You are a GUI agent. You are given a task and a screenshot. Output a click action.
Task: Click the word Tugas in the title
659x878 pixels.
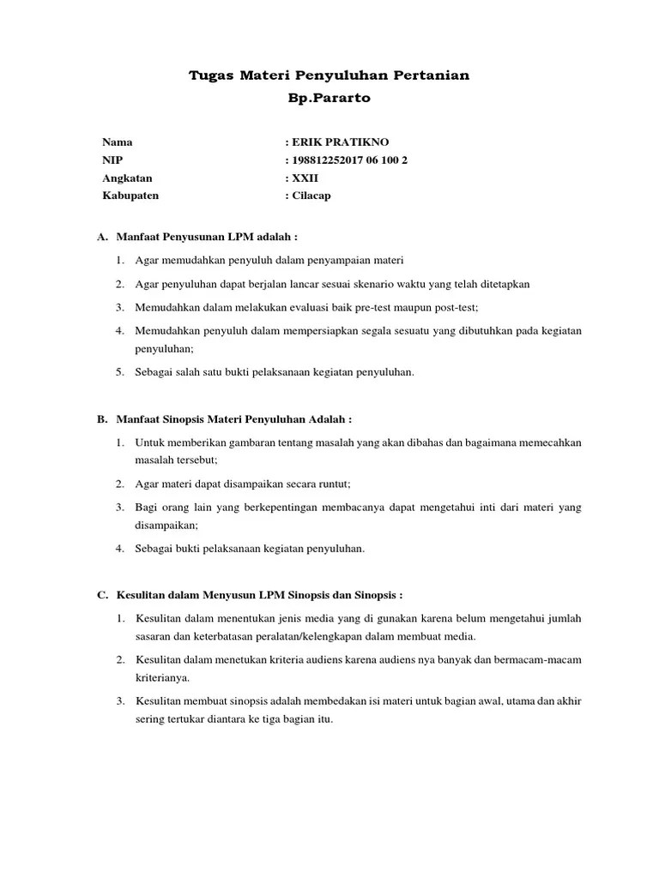click(x=209, y=76)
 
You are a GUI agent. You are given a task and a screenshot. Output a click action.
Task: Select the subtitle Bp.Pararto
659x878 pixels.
click(x=329, y=98)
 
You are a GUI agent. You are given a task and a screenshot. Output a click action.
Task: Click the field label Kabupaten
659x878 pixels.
click(x=130, y=195)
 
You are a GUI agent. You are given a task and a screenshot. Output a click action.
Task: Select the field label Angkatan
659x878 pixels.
click(x=127, y=177)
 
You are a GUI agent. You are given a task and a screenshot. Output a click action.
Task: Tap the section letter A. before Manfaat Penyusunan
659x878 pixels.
click(x=102, y=236)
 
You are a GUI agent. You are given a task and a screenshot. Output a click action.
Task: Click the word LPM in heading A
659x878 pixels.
click(x=237, y=236)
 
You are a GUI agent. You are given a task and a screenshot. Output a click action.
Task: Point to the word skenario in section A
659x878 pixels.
click(x=397, y=283)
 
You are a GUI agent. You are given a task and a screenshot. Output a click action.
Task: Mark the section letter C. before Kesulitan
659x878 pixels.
click(x=102, y=594)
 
